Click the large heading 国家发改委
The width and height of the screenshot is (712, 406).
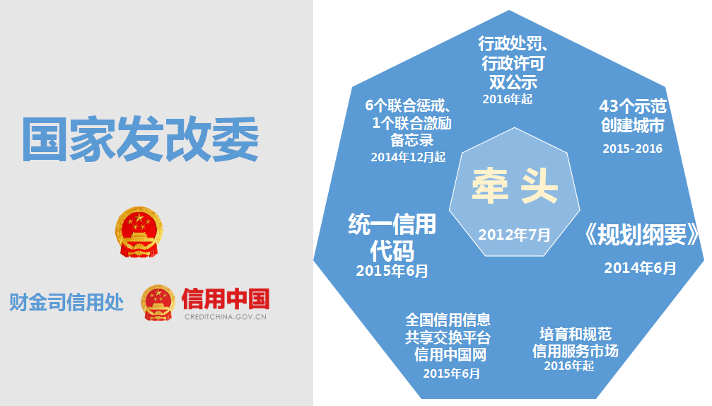click(x=140, y=139)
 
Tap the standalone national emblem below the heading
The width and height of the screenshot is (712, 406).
click(x=139, y=231)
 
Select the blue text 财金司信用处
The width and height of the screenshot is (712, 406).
click(x=66, y=302)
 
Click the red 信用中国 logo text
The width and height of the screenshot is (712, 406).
click(x=226, y=298)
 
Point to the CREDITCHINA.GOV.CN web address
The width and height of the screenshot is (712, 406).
click(x=226, y=317)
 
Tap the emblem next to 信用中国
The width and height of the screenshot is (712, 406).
click(x=158, y=303)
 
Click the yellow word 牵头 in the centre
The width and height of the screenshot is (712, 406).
click(x=515, y=185)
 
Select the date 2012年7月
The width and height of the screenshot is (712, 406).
click(x=515, y=234)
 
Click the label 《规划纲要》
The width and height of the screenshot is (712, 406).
click(x=642, y=234)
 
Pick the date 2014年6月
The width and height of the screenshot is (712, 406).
click(x=640, y=268)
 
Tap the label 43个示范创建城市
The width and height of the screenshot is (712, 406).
click(x=633, y=116)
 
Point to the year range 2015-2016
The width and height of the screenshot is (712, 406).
click(x=633, y=149)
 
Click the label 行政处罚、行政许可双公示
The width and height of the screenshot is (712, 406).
click(x=513, y=63)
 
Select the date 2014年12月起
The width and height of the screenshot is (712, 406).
click(x=408, y=157)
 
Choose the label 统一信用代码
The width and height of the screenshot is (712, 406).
click(x=392, y=237)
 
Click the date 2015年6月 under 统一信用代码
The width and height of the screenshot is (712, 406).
click(x=392, y=271)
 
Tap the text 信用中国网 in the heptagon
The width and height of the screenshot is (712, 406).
click(x=450, y=354)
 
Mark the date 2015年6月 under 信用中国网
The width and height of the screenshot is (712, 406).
click(x=451, y=373)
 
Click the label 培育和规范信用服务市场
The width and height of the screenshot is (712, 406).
click(x=576, y=342)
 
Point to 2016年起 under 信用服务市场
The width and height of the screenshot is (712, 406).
click(x=569, y=366)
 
